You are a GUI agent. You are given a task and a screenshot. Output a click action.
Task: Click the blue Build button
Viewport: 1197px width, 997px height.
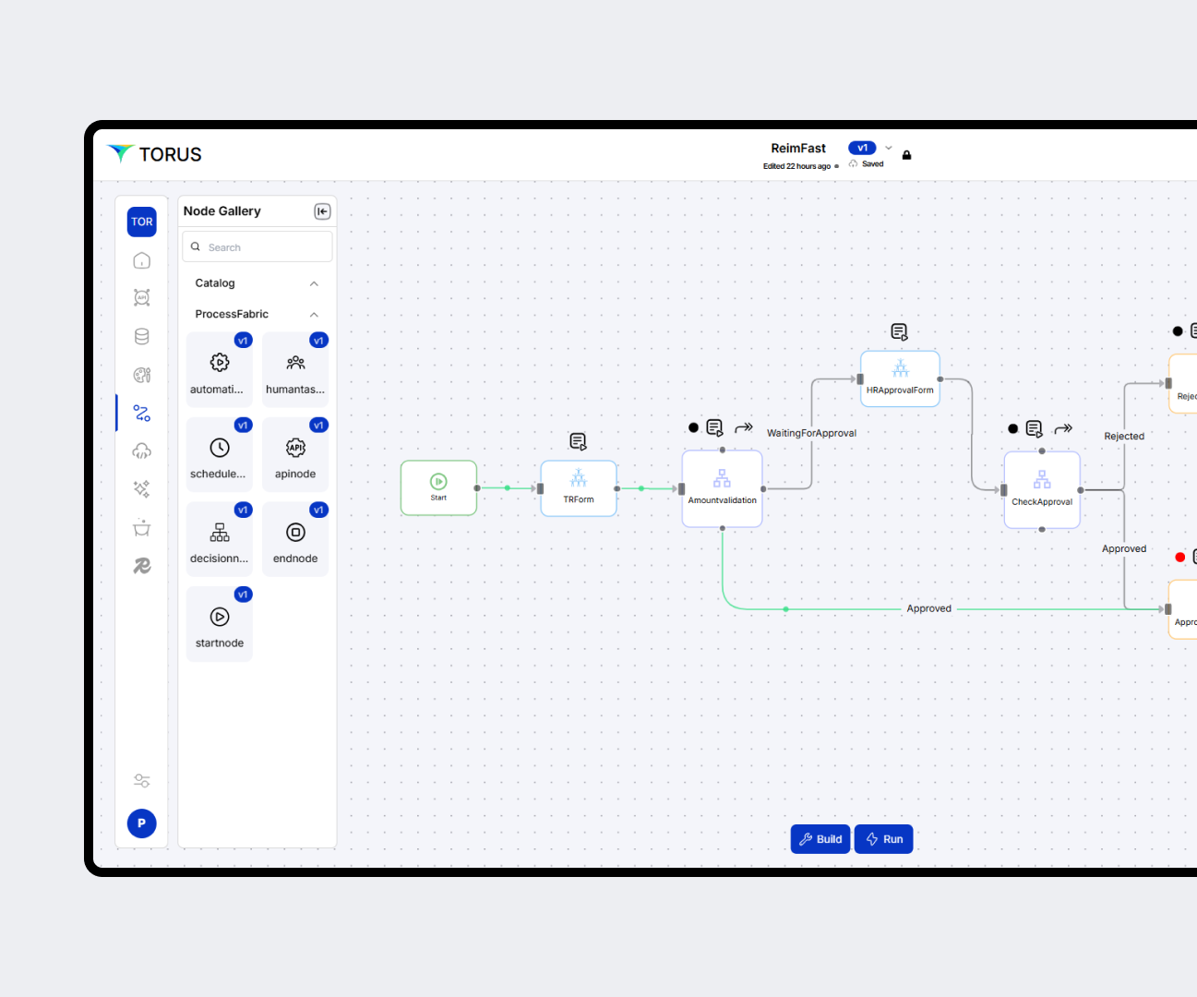click(820, 839)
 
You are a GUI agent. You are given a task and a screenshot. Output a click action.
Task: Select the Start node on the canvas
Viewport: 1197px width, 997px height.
click(438, 487)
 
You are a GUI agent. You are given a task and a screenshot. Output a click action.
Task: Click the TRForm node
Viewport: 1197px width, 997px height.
click(579, 487)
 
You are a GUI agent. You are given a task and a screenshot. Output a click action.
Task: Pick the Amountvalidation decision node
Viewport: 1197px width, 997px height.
click(722, 488)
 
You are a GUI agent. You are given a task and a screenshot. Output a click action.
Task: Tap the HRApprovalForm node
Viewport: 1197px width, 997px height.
click(900, 378)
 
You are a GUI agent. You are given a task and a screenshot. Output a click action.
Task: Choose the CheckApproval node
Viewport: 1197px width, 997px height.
click(1042, 489)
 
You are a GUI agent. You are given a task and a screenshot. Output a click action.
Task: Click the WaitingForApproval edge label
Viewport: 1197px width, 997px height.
click(811, 433)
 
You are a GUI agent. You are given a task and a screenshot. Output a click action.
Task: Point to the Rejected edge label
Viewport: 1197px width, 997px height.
click(1124, 437)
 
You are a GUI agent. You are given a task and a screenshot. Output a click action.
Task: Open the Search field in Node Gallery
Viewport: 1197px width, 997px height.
click(257, 247)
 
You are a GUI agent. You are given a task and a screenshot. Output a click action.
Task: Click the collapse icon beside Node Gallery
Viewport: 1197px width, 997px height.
click(322, 211)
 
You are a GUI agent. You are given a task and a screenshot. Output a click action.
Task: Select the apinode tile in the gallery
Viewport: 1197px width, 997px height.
click(295, 455)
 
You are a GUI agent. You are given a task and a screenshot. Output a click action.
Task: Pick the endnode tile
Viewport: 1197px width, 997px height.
click(295, 540)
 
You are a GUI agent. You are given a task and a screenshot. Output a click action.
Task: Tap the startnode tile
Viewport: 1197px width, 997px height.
click(220, 624)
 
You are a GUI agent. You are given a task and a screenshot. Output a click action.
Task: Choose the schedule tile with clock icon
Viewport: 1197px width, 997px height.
click(220, 455)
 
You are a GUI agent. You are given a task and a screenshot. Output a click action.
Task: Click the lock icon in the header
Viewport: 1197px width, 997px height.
click(906, 155)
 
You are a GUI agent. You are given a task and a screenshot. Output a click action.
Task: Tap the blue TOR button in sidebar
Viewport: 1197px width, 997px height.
click(142, 222)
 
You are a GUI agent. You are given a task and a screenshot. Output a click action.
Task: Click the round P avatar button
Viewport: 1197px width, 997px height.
click(142, 823)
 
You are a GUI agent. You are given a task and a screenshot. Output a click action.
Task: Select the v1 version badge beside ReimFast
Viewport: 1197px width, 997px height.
click(862, 148)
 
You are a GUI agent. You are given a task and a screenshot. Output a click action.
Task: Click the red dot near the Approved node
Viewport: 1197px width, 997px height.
click(1179, 557)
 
